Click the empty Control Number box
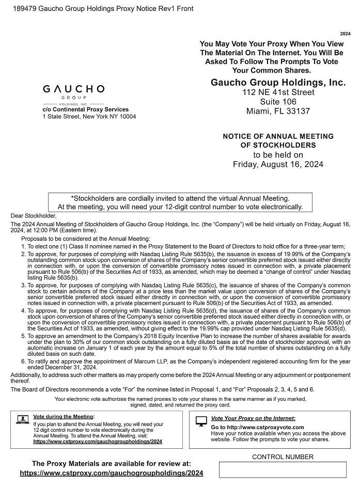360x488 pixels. (x=283, y=469)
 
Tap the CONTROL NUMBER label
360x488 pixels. (x=283, y=457)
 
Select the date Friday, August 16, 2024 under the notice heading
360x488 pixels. (x=278, y=164)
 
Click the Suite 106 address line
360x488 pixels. (x=278, y=102)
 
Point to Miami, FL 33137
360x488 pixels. (x=278, y=111)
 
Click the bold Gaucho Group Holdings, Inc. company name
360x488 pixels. (x=278, y=83)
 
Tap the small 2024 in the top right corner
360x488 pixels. (x=345, y=33)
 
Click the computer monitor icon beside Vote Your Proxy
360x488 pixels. (x=201, y=421)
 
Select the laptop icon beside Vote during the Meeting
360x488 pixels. (x=22, y=419)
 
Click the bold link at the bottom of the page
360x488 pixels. (x=111, y=473)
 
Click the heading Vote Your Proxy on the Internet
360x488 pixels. (x=253, y=418)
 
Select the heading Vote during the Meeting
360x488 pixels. (x=64, y=416)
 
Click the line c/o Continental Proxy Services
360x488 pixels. (x=85, y=109)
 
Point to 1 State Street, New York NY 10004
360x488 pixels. (x=89, y=117)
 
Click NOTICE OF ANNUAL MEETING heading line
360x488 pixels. (x=278, y=136)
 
